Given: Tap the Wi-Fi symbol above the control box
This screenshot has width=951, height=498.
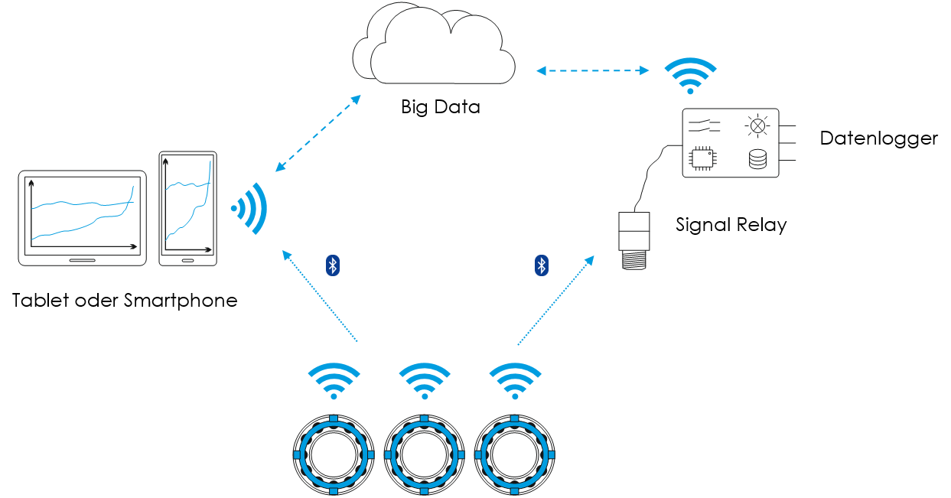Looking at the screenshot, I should [x=690, y=75].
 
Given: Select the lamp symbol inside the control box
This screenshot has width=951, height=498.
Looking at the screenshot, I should [x=757, y=126].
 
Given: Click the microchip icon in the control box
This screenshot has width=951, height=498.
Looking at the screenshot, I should [x=702, y=158].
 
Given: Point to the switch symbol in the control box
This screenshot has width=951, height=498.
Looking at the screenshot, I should [x=704, y=125].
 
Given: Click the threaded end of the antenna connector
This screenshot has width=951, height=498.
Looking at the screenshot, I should [x=634, y=259].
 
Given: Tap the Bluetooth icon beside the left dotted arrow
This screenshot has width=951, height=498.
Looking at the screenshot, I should [x=333, y=265].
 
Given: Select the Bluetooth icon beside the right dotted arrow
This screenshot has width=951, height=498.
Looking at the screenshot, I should [x=542, y=265].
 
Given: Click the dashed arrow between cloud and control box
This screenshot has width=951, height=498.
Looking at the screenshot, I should [x=593, y=70].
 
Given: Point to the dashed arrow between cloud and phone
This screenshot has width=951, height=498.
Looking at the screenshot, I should [x=318, y=133].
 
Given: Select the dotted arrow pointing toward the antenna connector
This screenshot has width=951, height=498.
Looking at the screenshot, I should [x=556, y=300].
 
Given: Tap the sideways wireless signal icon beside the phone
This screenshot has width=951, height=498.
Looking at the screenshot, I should [x=249, y=208].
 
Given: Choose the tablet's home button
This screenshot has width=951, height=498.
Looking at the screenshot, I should [x=82, y=260].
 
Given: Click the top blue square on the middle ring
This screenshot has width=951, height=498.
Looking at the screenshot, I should [x=424, y=418].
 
